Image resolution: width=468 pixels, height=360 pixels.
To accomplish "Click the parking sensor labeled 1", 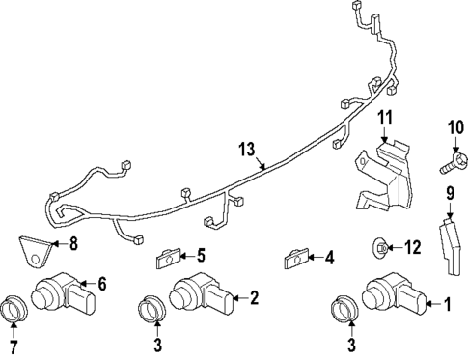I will point(391,297).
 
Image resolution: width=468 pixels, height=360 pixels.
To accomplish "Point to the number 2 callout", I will point(254,298).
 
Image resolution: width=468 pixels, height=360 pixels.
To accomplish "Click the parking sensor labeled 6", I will point(63,291).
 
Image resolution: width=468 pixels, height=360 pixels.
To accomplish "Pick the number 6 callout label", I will point(103,284).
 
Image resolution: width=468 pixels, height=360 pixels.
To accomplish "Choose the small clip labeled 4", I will point(294,259).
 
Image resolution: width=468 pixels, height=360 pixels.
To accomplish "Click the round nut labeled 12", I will point(382,249).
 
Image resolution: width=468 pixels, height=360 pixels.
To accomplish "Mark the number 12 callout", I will point(412,248).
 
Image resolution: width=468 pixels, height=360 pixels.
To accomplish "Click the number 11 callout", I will point(385,120).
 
